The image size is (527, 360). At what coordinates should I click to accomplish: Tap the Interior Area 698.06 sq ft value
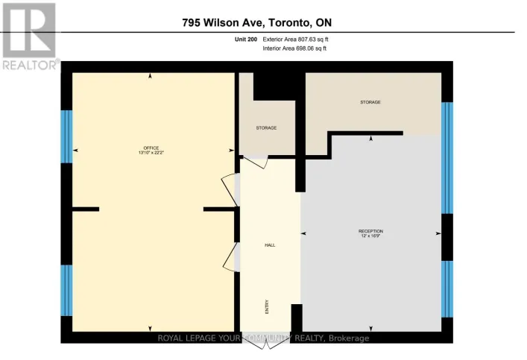point(295,48)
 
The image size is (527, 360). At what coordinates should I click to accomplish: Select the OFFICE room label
point(151,148)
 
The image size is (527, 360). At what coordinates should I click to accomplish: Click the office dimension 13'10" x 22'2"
point(151,153)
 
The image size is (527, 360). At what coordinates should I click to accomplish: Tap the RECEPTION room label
point(370,231)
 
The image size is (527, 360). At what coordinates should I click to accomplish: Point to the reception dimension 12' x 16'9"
point(370,236)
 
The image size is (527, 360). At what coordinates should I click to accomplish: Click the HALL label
point(270,244)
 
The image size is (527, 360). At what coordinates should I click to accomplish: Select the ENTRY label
point(267,306)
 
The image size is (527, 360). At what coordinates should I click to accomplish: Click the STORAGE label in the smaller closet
point(266,127)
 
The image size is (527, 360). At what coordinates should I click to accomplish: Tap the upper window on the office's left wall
point(66,136)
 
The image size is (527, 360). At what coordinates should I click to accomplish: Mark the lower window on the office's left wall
point(66,290)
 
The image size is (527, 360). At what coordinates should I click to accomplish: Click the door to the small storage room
point(254,161)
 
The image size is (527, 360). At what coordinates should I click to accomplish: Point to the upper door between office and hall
point(230,195)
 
